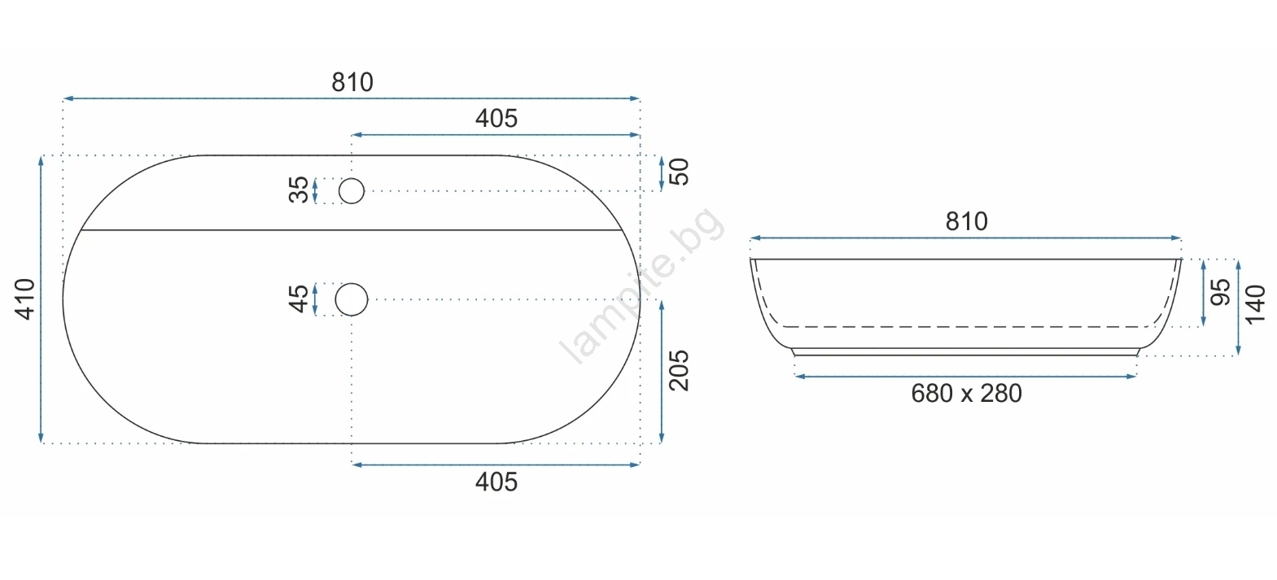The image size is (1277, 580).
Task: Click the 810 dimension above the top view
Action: (352, 83)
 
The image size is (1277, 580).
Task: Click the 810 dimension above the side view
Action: (966, 221)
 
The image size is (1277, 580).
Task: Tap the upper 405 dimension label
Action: (496, 119)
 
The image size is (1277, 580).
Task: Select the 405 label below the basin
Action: (496, 482)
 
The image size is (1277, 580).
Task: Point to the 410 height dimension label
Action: (25, 299)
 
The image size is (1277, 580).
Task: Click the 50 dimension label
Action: (679, 172)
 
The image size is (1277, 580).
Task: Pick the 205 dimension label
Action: (679, 370)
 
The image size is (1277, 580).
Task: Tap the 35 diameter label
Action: (298, 190)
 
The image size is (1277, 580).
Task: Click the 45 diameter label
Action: (298, 299)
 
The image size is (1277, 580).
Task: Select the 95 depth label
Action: (1220, 292)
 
